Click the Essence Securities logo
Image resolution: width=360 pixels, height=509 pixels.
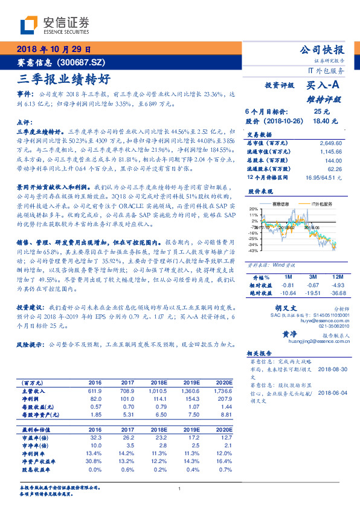(x=55, y=25)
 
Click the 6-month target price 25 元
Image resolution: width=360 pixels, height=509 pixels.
(x=321, y=112)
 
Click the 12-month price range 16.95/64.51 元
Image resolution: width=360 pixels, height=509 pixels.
(x=323, y=177)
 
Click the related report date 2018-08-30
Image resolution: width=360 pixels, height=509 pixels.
(x=333, y=369)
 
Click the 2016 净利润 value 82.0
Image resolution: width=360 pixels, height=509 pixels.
(x=95, y=400)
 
